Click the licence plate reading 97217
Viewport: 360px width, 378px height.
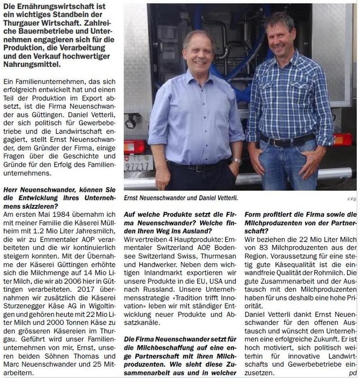138,166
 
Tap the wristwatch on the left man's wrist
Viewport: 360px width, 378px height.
237,161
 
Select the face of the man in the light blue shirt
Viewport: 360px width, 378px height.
198,55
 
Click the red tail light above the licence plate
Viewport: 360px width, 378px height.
135,147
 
